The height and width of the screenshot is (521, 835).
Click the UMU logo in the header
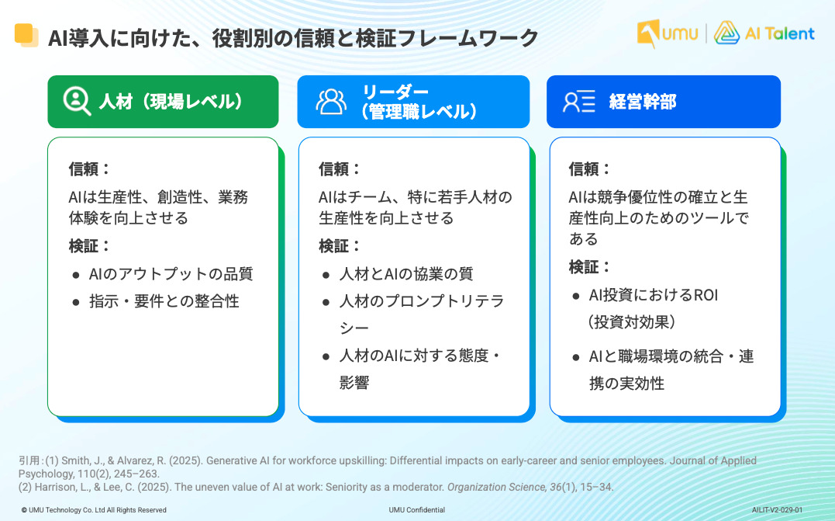tap(668, 33)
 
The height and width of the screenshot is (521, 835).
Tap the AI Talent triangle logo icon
tap(726, 33)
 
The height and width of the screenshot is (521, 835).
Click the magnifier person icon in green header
tap(77, 101)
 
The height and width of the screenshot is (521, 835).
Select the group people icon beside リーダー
tap(331, 101)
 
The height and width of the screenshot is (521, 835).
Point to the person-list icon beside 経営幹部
tap(579, 101)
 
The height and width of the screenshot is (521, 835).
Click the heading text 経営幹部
tap(643, 101)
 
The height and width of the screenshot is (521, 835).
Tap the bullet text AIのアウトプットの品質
tap(171, 273)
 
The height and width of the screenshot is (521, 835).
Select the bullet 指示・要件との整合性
tap(164, 301)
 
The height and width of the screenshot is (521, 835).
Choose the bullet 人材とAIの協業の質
tap(406, 273)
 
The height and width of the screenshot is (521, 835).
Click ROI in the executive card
tap(706, 295)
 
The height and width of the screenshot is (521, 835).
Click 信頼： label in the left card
tap(89, 169)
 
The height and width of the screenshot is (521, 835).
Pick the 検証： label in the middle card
tap(340, 246)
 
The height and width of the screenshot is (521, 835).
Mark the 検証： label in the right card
tap(589, 266)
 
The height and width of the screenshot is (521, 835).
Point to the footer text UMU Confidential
tap(417, 510)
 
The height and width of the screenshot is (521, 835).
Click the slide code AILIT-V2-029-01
tap(777, 510)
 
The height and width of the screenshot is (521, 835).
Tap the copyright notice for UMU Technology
tap(94, 510)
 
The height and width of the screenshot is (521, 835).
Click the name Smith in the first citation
tap(75, 460)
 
